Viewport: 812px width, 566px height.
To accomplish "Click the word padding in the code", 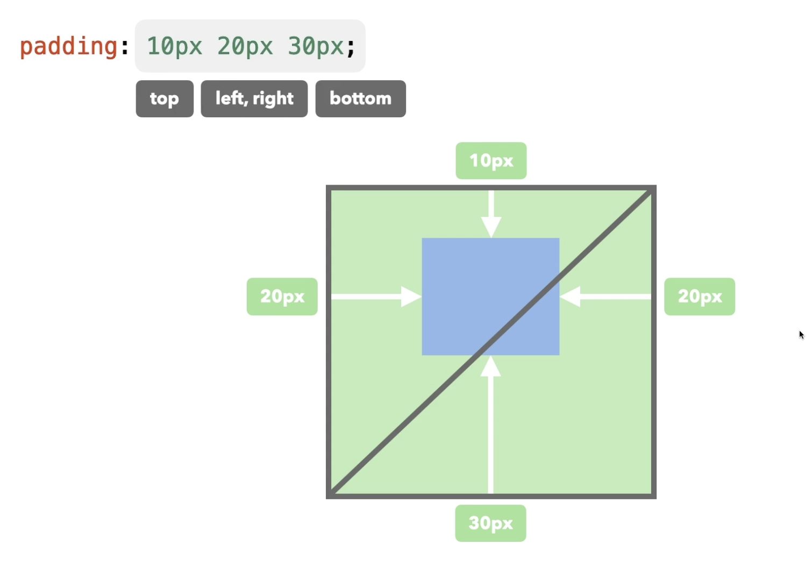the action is tap(68, 46).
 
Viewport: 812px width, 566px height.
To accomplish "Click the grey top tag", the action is tap(165, 98).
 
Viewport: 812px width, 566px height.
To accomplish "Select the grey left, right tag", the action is tap(254, 98).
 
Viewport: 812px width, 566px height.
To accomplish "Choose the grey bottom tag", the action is tap(360, 98).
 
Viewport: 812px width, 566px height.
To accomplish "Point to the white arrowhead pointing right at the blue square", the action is tap(411, 296).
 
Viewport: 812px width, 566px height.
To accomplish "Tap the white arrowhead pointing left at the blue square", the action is tap(570, 296).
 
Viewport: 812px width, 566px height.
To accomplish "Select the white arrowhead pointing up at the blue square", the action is tap(490, 366).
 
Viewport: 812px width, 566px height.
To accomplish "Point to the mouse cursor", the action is tap(801, 335).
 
